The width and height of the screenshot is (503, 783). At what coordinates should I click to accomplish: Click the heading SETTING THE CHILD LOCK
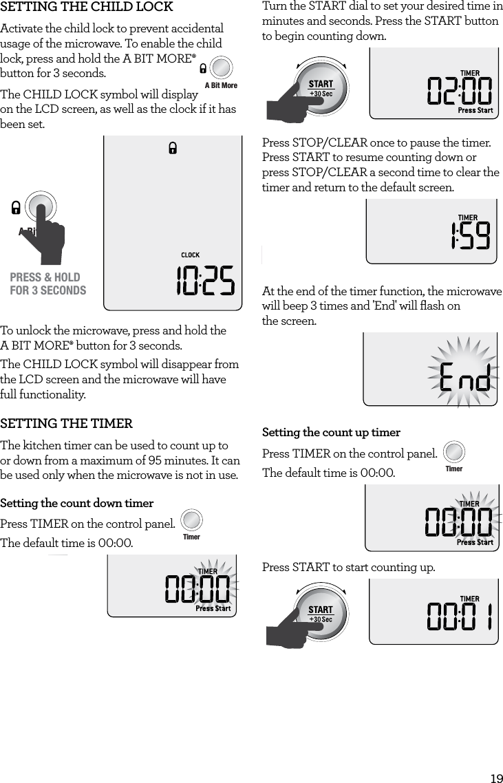[x=87, y=8]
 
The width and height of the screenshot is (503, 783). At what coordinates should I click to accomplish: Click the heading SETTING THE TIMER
[x=67, y=423]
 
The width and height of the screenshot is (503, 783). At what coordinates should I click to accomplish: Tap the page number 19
[x=495, y=778]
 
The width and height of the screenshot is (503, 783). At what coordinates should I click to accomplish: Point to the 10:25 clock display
[x=205, y=282]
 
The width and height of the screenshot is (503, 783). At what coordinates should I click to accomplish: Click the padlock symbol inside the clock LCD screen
[x=173, y=148]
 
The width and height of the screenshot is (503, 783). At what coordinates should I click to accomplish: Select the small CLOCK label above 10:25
[x=190, y=255]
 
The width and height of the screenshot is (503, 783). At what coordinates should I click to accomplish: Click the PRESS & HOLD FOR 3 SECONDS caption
[x=48, y=283]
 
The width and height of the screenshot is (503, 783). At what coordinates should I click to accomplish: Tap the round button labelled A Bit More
[x=221, y=67]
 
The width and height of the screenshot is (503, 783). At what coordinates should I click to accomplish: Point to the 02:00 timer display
[x=460, y=91]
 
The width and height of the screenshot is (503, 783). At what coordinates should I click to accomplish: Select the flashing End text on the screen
[x=465, y=378]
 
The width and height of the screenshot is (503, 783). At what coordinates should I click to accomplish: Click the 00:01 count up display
[x=460, y=617]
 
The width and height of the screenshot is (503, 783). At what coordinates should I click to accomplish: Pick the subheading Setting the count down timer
[x=77, y=504]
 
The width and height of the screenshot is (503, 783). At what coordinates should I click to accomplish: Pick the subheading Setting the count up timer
[x=331, y=433]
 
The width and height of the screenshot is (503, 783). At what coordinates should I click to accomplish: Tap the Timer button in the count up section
[x=454, y=452]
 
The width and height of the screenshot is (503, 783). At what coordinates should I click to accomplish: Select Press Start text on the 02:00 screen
[x=475, y=110]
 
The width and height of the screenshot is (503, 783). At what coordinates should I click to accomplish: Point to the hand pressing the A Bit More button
[x=50, y=237]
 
